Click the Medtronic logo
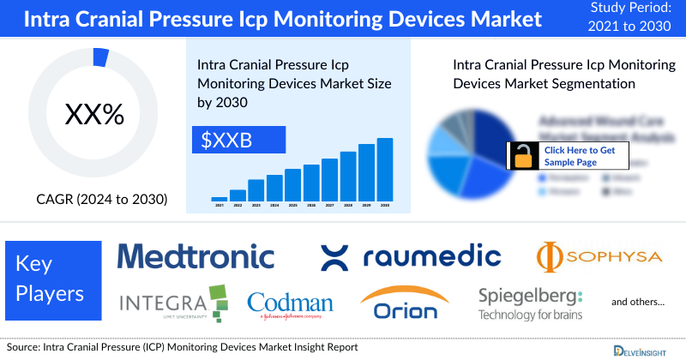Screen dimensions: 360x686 click(x=196, y=255)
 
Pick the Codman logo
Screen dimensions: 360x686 click(x=290, y=303)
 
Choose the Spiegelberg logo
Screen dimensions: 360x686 click(x=530, y=303)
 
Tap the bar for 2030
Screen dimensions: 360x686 click(x=385, y=169)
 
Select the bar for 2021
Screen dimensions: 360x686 click(x=220, y=198)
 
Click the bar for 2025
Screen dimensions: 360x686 click(x=293, y=184)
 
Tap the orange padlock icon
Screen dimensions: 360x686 click(x=522, y=155)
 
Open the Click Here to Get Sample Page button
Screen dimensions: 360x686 click(x=580, y=155)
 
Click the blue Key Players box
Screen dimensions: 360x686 click(x=53, y=279)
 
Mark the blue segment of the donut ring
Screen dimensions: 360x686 click(x=100, y=57)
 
